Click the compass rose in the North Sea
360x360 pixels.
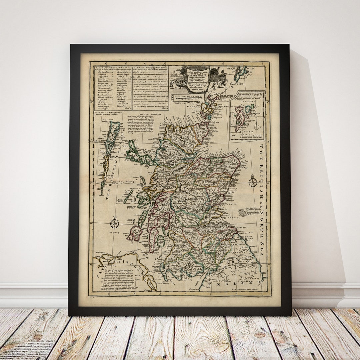253,182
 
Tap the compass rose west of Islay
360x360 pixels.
115,223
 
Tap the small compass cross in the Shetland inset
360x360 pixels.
257,127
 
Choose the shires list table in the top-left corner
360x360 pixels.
112,87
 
